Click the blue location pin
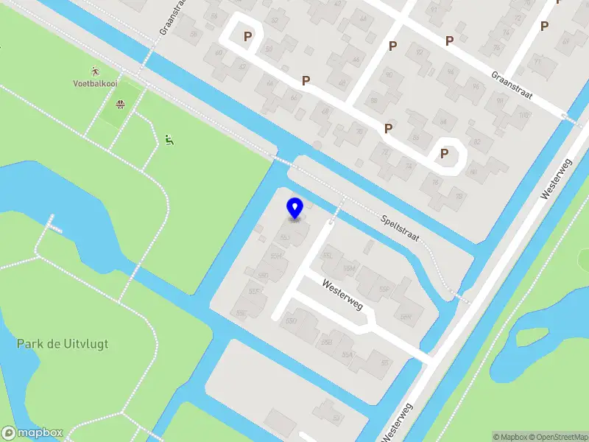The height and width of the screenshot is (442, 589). (x=294, y=208)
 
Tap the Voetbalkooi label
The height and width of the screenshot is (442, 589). (x=95, y=84)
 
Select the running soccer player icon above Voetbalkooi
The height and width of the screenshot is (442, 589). (x=95, y=71)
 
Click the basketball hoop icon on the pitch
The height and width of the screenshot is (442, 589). (x=119, y=104)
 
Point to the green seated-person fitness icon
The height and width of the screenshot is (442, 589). (x=169, y=139)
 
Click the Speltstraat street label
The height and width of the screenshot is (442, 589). (x=401, y=228)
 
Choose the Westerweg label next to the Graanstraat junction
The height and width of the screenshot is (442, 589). (x=556, y=180)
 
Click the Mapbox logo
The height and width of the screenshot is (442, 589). (x=32, y=433)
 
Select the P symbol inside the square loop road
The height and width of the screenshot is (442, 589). (x=248, y=35)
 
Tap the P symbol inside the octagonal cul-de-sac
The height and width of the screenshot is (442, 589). (x=444, y=153)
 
